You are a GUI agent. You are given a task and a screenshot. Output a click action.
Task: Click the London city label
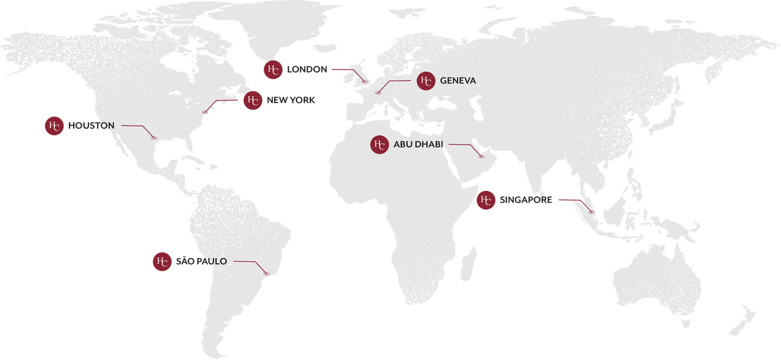click(x=307, y=70)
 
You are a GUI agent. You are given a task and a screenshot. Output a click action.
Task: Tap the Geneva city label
click(x=458, y=81)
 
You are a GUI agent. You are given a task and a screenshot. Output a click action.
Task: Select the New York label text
click(x=291, y=100)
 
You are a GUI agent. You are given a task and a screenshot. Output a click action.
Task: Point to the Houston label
click(x=92, y=126)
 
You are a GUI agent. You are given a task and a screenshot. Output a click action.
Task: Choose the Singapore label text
click(x=526, y=200)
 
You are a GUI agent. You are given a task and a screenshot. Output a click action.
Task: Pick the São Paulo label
click(x=201, y=262)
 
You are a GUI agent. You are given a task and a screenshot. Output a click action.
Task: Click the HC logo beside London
click(x=273, y=70)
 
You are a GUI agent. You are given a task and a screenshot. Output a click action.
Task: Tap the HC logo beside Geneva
click(x=426, y=81)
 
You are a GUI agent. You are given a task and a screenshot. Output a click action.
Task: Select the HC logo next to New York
click(x=253, y=101)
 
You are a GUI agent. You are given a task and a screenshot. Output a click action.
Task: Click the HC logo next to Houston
click(x=54, y=126)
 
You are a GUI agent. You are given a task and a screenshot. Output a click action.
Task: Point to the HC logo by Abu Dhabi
click(x=380, y=145)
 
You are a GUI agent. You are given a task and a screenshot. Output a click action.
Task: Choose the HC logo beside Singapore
click(x=486, y=200)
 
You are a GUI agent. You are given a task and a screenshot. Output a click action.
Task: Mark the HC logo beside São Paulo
click(x=162, y=262)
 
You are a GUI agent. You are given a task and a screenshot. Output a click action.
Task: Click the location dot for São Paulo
click(x=266, y=272)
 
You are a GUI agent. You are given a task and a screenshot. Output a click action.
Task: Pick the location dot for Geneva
click(x=378, y=93)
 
